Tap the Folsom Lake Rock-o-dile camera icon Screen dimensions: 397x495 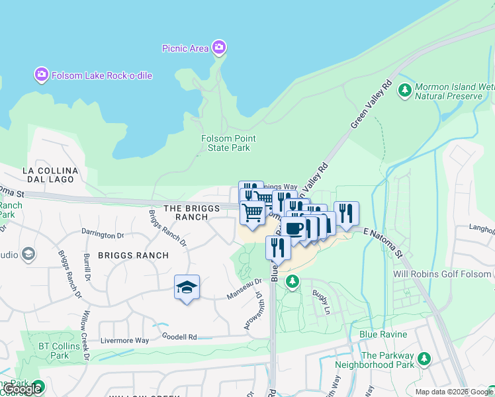pyautogui.click(x=41, y=75)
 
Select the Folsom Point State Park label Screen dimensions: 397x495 pyautogui.click(x=228, y=143)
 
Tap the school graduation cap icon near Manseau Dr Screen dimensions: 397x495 pyautogui.click(x=187, y=287)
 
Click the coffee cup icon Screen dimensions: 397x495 pyautogui.click(x=294, y=228)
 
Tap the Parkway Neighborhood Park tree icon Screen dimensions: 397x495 pyautogui.click(x=424, y=359)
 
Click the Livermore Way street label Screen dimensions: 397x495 pyautogui.click(x=124, y=341)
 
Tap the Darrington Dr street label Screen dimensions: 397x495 pyautogui.click(x=103, y=234)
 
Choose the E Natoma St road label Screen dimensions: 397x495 pyautogui.click(x=384, y=242)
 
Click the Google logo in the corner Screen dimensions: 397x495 pyautogui.click(x=22, y=389)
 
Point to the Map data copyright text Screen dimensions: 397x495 pyautogui.click(x=454, y=392)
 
